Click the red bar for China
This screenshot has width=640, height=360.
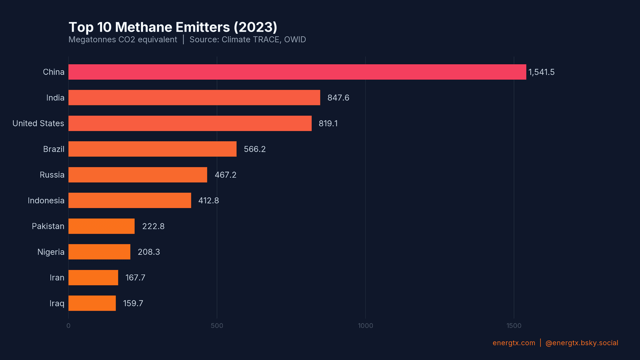tap(297, 72)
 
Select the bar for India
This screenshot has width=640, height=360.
tap(194, 98)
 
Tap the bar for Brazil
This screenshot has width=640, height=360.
tap(152, 149)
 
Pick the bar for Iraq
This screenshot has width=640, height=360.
tap(92, 303)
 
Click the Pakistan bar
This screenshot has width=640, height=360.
tap(101, 226)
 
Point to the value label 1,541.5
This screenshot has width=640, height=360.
tap(541, 72)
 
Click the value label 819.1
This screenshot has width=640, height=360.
tap(328, 123)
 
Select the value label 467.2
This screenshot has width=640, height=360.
tap(225, 175)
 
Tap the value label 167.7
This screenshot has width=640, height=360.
tap(135, 278)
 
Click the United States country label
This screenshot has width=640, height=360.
tap(38, 123)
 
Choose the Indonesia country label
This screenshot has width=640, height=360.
tap(46, 200)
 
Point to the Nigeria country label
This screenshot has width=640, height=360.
tap(51, 252)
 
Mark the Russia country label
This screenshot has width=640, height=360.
tap(52, 175)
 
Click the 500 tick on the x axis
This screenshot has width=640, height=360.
tap(217, 326)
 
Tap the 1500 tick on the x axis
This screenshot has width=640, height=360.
tap(514, 326)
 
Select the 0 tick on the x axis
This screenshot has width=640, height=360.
tap(68, 326)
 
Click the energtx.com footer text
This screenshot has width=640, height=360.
tap(514, 343)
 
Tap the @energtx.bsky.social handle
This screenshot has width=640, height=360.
tap(582, 343)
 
